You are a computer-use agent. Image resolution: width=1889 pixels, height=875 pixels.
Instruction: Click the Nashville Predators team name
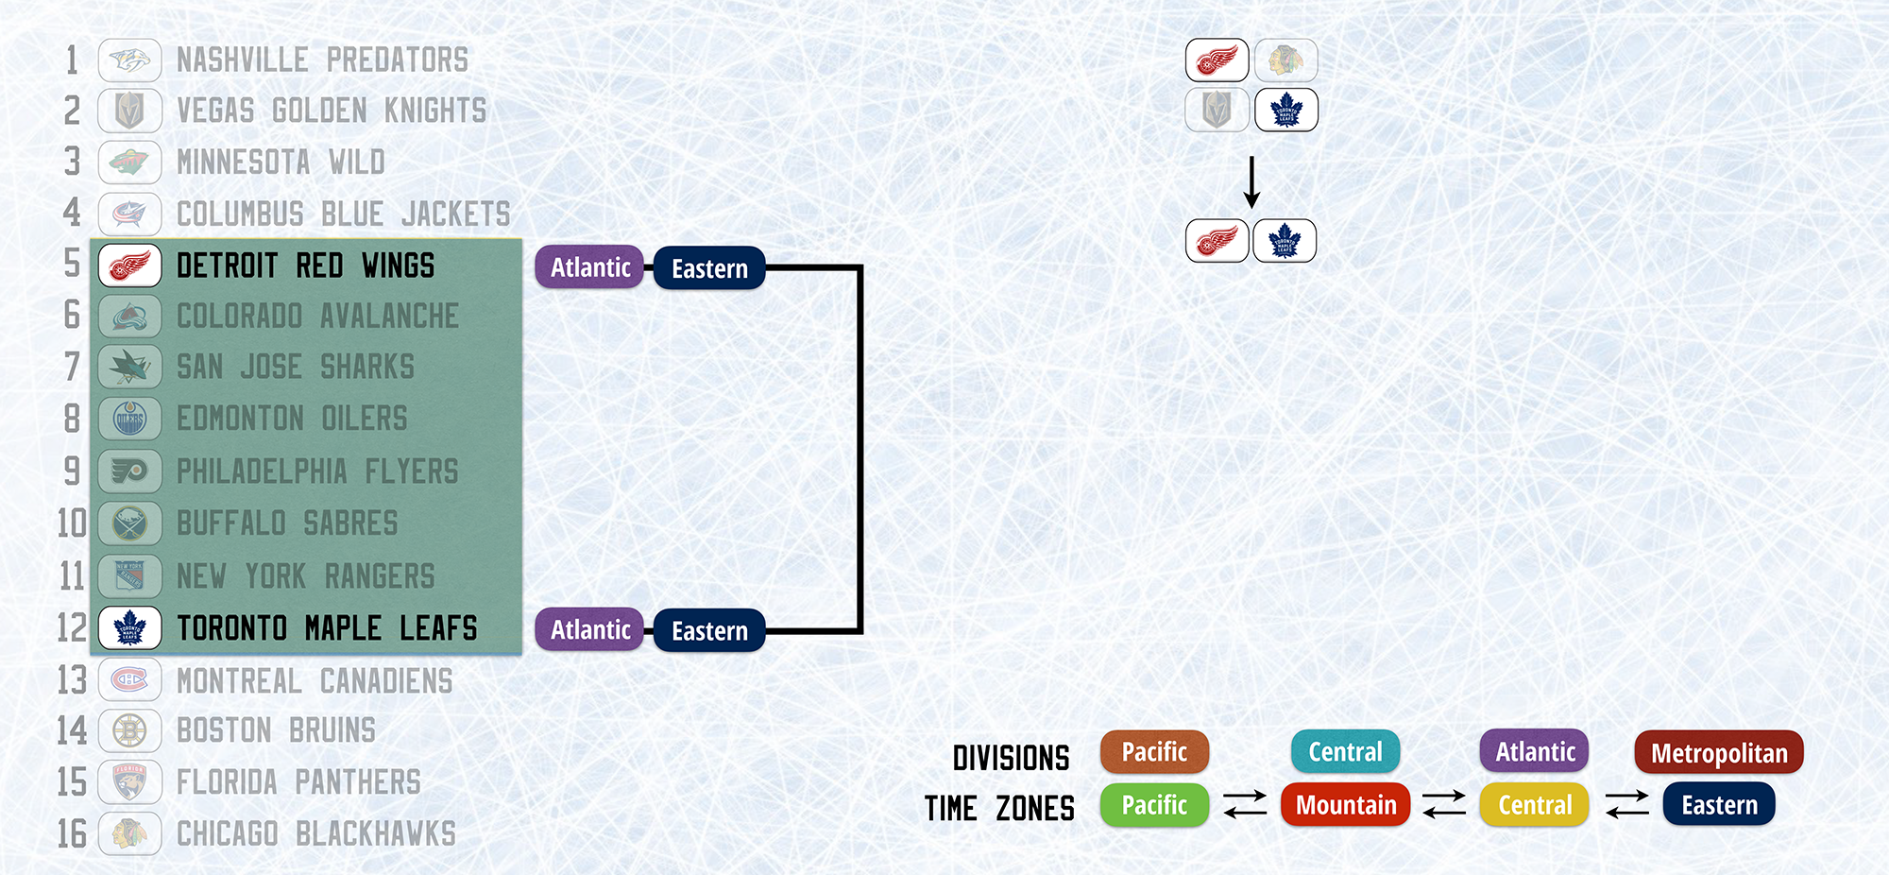[x=322, y=60]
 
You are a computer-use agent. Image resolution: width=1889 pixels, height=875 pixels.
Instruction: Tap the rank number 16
[x=72, y=833]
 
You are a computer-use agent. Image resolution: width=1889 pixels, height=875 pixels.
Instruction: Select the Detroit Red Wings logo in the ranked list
[x=130, y=266]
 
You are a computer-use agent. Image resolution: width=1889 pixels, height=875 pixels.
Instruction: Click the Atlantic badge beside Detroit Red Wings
[x=589, y=267]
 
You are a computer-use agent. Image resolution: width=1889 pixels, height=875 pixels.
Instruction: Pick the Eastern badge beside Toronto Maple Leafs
[x=709, y=630]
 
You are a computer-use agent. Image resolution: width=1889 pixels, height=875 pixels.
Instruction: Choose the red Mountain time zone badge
[x=1345, y=805]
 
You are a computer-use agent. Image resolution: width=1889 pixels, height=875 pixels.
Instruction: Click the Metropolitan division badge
[x=1719, y=752]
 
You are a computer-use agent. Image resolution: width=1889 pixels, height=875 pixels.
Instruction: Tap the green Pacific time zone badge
[x=1154, y=805]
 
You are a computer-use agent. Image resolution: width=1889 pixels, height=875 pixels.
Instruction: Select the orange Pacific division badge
[x=1154, y=752]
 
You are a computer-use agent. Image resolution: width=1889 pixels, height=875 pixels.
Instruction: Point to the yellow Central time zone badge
[x=1535, y=805]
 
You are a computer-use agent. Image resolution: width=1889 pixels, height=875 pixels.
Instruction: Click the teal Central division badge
[x=1345, y=752]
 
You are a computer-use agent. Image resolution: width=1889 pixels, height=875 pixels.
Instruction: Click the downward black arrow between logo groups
[x=1251, y=182]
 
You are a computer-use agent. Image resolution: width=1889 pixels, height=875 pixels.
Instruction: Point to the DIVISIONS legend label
[x=1011, y=758]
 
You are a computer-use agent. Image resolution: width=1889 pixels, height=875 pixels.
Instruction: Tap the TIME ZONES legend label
[x=999, y=809]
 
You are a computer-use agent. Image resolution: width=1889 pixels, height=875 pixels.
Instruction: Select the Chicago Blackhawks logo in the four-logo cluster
[x=1286, y=60]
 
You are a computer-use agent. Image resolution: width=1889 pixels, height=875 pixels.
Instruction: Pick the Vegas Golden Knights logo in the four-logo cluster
[x=1217, y=110]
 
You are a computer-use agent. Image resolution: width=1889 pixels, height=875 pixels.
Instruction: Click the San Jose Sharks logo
[x=130, y=367]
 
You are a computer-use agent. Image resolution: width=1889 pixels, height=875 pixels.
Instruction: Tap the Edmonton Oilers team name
[x=292, y=419]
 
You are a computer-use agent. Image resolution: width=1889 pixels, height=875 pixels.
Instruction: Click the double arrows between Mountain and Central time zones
[x=1444, y=804]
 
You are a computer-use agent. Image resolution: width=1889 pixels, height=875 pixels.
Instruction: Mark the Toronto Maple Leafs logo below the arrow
[x=1285, y=240]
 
